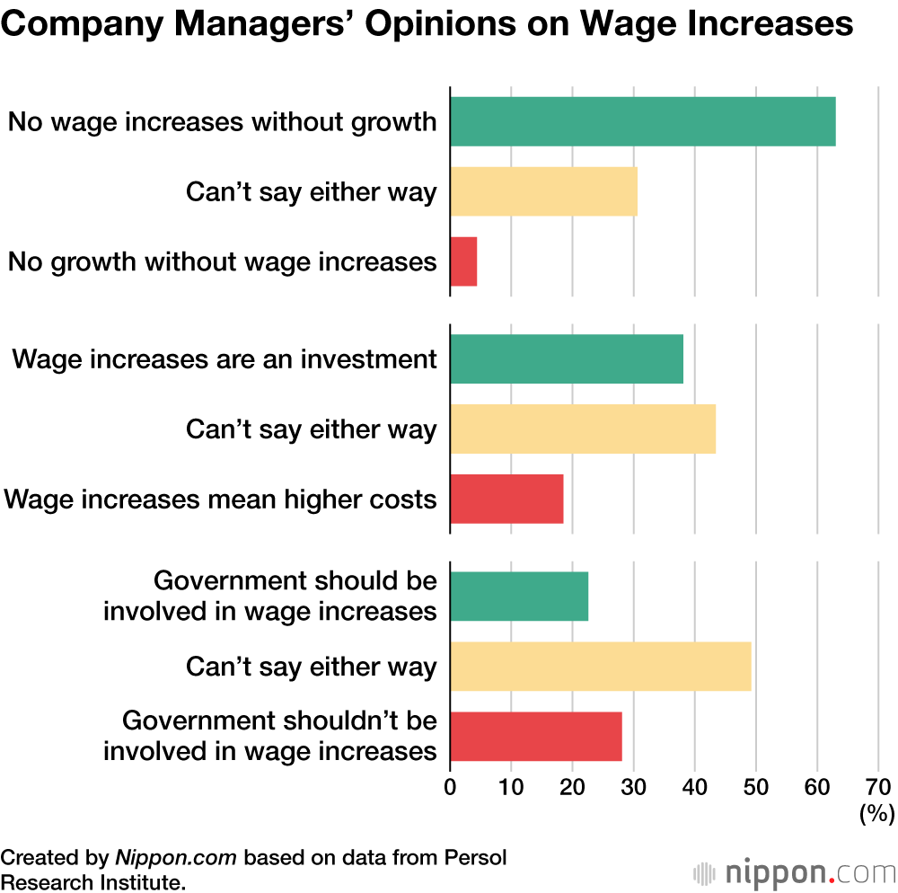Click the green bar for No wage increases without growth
[x=642, y=121]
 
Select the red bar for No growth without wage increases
[x=463, y=261]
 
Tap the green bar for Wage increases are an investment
[x=566, y=358]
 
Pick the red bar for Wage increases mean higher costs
[x=506, y=499]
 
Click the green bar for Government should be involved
[x=519, y=596]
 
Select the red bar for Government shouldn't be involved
[x=535, y=736]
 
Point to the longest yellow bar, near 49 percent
[x=600, y=666]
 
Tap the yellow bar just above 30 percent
[x=543, y=191]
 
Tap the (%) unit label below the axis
[x=877, y=814]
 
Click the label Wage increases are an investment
[x=224, y=359]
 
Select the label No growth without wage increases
[x=223, y=262]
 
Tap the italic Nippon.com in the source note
[x=175, y=857]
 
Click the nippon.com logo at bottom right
[x=795, y=872]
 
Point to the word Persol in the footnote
[x=476, y=857]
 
